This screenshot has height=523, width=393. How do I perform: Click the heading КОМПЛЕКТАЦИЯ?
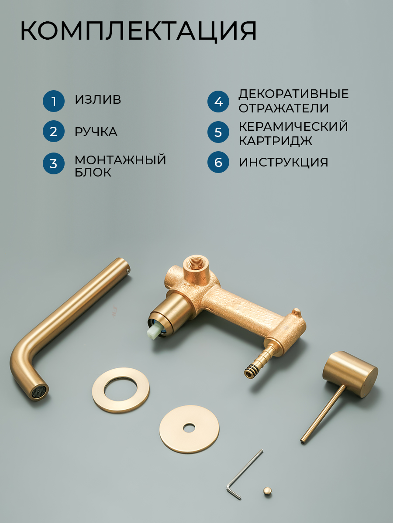point(138,31)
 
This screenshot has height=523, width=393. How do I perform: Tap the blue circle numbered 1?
point(54,101)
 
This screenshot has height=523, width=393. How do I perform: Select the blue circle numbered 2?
point(54,131)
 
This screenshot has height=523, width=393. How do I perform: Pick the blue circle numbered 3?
point(54,163)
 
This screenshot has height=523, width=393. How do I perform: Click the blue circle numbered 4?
point(218,102)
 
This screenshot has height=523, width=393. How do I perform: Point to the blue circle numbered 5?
point(218,132)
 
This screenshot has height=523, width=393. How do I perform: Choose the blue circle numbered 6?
point(218,162)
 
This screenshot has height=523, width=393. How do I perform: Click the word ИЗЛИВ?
point(98,99)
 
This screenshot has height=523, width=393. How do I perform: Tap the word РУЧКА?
point(96,132)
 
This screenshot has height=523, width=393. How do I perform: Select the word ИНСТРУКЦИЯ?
point(283,162)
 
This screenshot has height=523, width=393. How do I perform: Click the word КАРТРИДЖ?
point(276,141)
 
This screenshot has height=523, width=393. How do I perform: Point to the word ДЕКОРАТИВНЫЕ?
point(294,94)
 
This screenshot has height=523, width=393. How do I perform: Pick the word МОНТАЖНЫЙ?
point(120,160)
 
